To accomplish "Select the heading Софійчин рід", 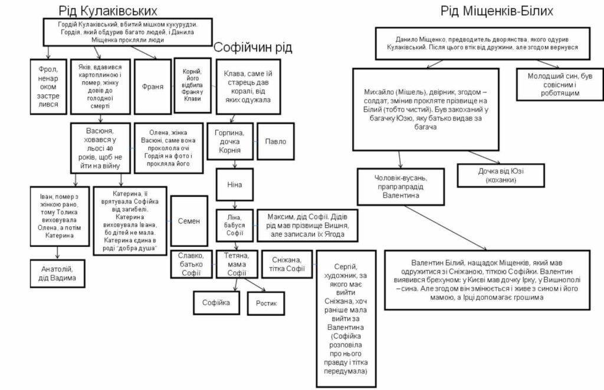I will tap(253, 48).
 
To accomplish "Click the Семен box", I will tap(189, 221).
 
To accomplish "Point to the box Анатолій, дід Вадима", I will tap(57, 273).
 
